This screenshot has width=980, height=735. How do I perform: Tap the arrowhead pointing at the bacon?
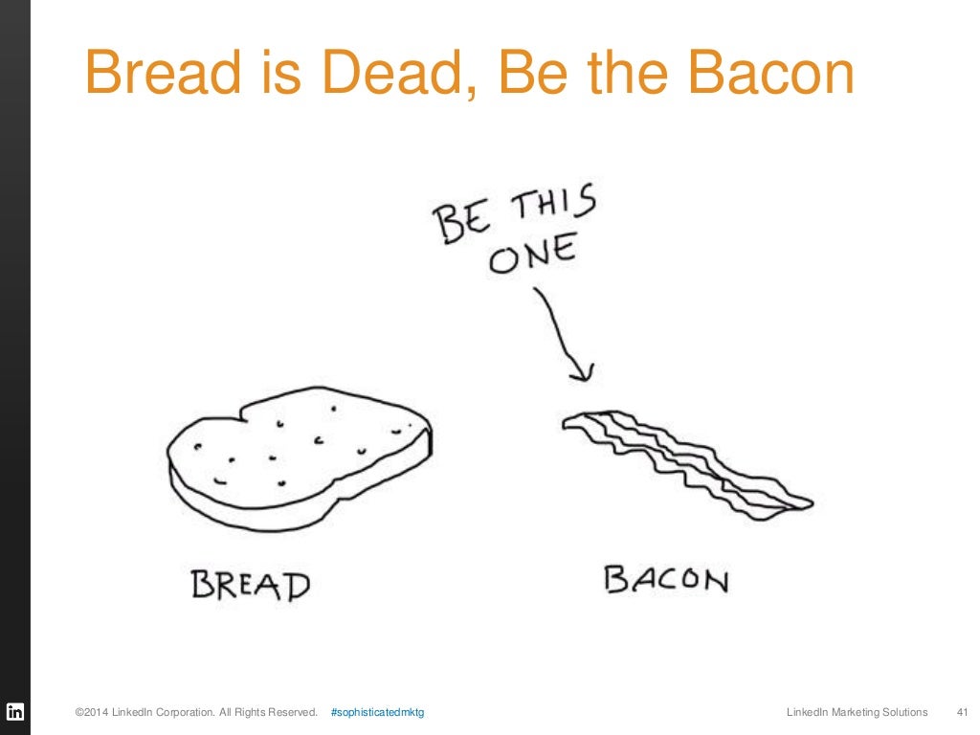(580, 368)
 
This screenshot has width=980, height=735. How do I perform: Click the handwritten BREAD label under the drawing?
(251, 585)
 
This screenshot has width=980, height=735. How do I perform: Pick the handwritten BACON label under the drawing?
(665, 579)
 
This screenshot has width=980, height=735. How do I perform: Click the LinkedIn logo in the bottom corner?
(15, 712)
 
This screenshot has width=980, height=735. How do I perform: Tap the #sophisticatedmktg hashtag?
(377, 712)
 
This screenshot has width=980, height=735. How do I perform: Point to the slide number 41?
(963, 712)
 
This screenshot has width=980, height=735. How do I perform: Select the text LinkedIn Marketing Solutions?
(857, 712)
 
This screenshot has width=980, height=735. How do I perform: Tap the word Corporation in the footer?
(189, 712)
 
